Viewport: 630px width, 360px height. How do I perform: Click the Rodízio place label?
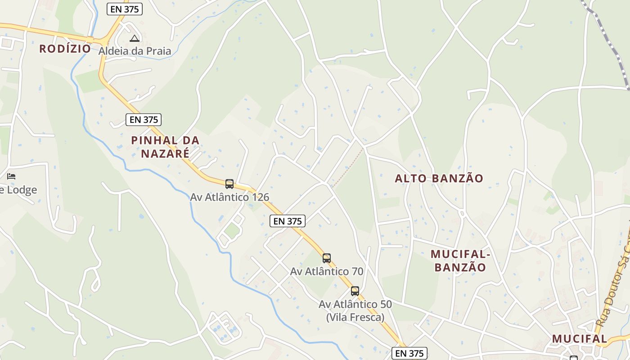(x=65, y=49)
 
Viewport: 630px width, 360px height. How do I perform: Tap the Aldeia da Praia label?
(x=135, y=51)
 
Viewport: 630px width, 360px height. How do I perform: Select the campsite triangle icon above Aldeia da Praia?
(x=134, y=38)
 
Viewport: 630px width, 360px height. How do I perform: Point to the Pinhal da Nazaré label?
(x=165, y=147)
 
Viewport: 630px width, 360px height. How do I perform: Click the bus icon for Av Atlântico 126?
(x=229, y=184)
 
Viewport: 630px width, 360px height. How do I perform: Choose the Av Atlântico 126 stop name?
(x=229, y=197)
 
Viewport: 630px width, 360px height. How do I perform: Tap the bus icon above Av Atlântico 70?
(x=327, y=258)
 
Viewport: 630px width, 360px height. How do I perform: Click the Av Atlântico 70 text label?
(x=327, y=271)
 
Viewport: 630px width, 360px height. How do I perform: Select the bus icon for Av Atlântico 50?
(x=355, y=291)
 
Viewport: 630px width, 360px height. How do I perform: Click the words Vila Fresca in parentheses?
(x=355, y=317)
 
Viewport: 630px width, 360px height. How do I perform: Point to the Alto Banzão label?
(x=439, y=178)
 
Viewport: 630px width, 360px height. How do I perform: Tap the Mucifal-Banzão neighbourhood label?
(x=460, y=261)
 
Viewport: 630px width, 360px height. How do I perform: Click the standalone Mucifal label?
(x=579, y=339)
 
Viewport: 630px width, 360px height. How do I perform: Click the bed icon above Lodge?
(x=11, y=176)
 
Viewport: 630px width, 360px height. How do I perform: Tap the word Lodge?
(x=21, y=190)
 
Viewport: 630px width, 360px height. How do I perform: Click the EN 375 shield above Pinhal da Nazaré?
(x=144, y=120)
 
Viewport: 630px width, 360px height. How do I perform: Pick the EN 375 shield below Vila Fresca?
(x=409, y=353)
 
